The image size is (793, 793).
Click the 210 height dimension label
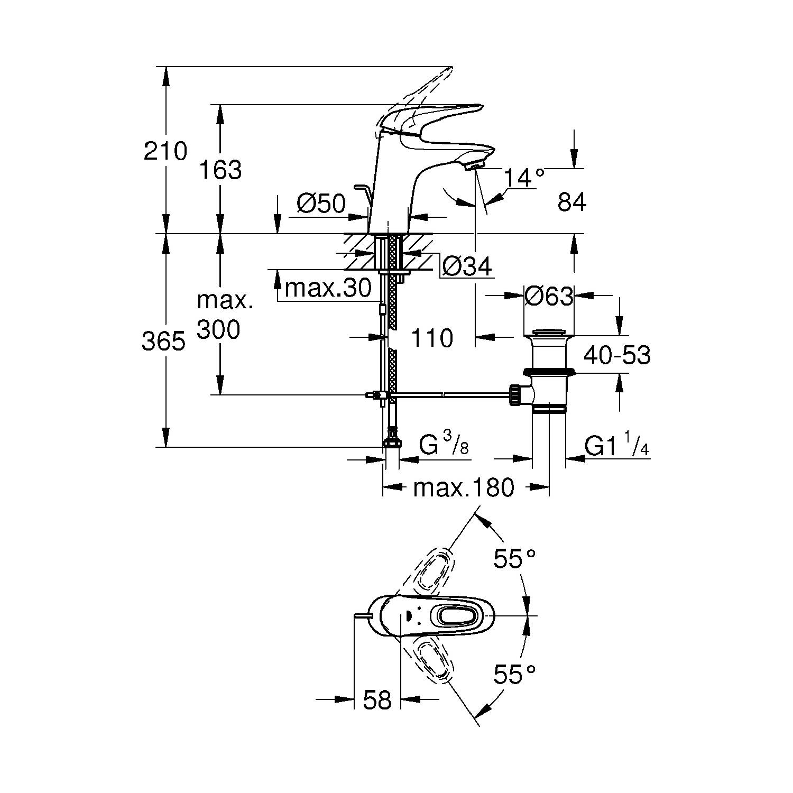pos(165,152)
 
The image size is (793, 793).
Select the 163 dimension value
pos(221,170)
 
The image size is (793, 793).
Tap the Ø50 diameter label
pos(321,204)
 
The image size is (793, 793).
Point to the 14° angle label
pos(523,178)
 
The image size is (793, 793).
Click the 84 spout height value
pos(572,202)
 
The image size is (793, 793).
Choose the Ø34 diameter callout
pos(467,266)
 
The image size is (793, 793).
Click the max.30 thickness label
pos(328,288)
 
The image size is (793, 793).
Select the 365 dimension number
pos(164,342)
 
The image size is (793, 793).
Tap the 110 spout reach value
pos(431,338)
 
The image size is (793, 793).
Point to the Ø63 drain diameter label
pos(549,297)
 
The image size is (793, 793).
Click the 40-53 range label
pos(617,355)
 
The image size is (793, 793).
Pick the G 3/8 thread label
pos(444,446)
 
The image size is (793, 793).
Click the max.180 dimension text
pos(464,488)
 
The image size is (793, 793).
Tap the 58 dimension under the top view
pos(377,700)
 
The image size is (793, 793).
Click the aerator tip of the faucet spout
pos(475,167)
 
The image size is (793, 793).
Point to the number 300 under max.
pos(218,330)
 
